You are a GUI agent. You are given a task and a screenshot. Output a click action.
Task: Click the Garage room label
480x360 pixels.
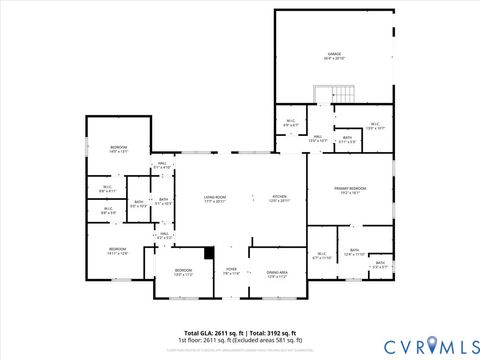point(335,56)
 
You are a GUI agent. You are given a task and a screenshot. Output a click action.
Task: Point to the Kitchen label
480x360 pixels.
point(280,198)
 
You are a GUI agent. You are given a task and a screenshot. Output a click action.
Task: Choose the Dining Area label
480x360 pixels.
point(277,273)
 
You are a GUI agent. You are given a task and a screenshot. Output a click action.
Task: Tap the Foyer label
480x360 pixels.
point(231,271)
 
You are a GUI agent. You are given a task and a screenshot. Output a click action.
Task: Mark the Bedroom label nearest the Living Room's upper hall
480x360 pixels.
point(119,149)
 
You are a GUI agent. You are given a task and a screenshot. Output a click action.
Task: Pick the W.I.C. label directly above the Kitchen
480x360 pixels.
point(290,123)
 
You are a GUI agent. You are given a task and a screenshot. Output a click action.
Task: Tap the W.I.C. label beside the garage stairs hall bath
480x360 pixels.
point(375,127)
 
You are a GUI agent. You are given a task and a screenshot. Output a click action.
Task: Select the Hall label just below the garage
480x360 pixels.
point(316,138)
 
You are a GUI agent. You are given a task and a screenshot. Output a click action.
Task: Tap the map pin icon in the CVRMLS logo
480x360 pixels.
point(433,345)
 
